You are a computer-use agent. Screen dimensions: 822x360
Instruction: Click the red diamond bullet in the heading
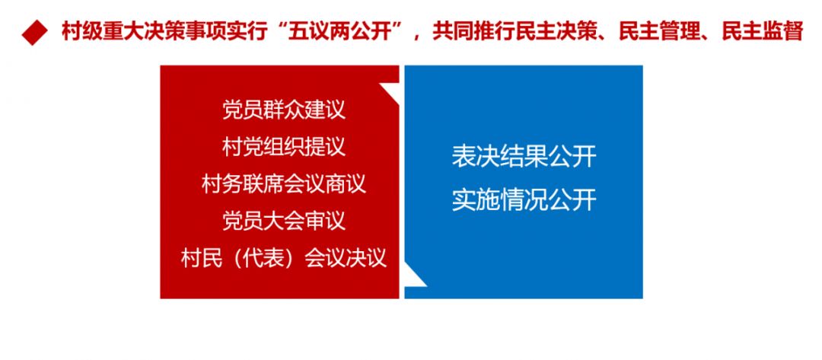coord(34,33)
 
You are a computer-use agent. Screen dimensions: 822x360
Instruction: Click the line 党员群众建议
coord(284,110)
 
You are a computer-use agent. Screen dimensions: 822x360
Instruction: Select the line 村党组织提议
coord(284,147)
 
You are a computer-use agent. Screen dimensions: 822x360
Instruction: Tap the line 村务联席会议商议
coord(284,184)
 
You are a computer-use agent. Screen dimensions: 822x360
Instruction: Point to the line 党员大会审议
coord(284,221)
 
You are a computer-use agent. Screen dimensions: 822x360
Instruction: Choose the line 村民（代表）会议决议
coord(284,258)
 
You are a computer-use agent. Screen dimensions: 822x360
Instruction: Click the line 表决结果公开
coord(524,157)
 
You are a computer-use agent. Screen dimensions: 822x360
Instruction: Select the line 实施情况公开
coord(524,201)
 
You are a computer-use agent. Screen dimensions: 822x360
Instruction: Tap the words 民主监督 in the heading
coord(763,32)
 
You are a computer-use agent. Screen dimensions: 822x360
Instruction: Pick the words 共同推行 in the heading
coord(473,32)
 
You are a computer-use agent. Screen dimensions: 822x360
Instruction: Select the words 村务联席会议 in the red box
coord(263,184)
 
